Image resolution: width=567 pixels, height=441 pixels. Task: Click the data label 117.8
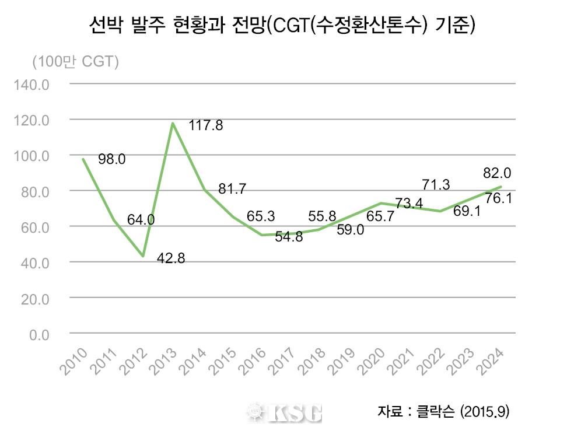click(206, 125)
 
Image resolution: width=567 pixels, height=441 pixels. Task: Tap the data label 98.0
click(111, 159)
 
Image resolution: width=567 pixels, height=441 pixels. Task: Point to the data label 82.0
click(497, 173)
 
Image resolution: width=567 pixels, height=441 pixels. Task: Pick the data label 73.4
click(408, 204)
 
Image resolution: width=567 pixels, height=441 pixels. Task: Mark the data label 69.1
click(466, 211)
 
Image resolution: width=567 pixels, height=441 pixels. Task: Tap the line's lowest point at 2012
click(142, 256)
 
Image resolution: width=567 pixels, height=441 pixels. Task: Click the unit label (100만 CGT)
click(76, 61)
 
